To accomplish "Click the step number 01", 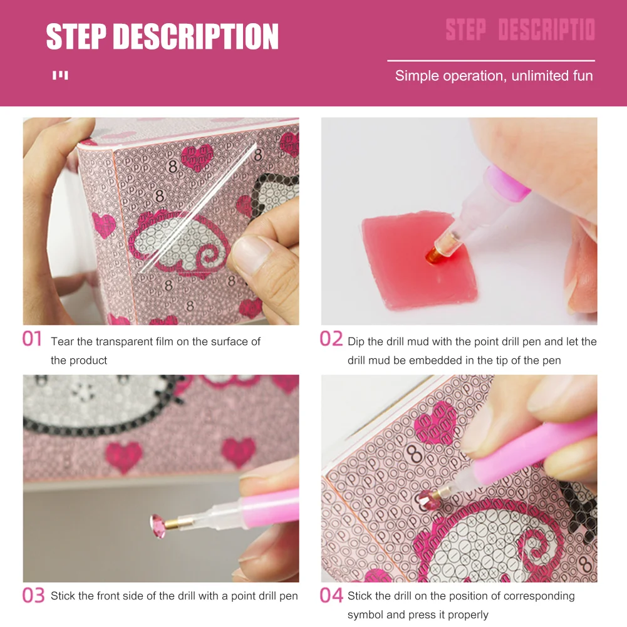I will click(32, 339).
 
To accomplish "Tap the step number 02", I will click(331, 339).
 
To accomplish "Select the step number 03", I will click(33, 595).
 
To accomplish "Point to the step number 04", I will click(331, 595).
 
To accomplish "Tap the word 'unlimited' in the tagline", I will click(540, 76).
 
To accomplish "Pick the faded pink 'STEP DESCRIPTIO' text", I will click(520, 29).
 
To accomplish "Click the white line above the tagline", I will click(490, 61).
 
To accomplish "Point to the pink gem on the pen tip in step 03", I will click(156, 522).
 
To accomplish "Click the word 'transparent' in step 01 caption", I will click(128, 341).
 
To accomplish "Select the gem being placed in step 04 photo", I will click(431, 499).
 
